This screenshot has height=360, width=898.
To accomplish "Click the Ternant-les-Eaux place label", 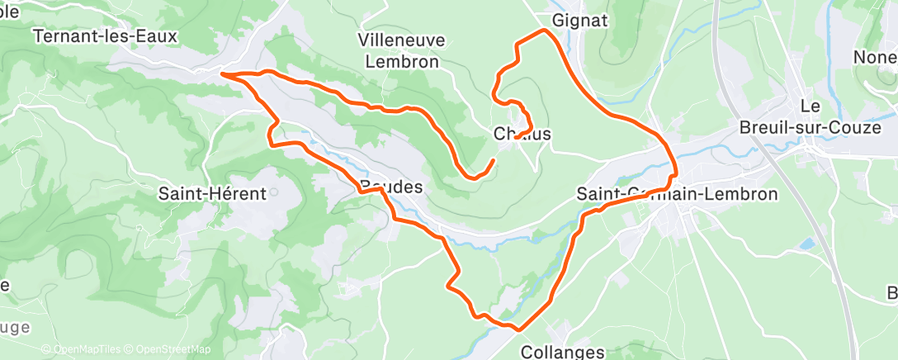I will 105,36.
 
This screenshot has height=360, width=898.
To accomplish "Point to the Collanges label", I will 563,352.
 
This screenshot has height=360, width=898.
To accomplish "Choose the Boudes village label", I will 391,187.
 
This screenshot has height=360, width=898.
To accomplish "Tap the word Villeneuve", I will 401,40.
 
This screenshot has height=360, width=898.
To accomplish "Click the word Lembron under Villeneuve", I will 401,61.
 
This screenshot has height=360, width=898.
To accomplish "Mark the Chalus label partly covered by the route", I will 522,134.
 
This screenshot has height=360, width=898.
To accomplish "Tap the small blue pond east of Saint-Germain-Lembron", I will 805,244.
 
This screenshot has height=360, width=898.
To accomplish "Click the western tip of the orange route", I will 222,74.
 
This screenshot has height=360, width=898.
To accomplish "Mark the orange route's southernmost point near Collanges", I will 518,329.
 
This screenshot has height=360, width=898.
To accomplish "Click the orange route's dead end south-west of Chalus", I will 494,159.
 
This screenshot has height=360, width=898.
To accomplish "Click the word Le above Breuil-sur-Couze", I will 809,106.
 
